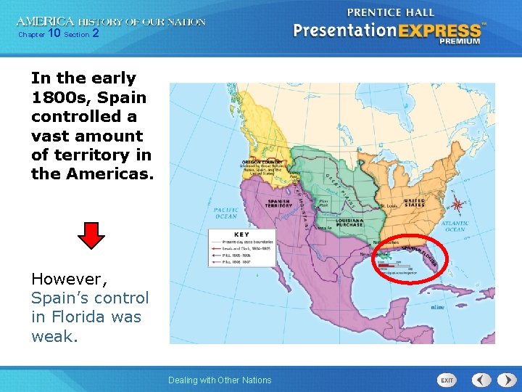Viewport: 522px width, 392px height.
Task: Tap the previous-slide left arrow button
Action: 481,380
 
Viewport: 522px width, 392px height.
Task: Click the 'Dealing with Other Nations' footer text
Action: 220,380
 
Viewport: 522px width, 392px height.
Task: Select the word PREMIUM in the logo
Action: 459,41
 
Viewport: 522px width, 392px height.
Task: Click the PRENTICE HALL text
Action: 391,12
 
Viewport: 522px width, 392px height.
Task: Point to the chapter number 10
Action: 54,33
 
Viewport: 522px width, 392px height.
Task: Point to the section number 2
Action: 95,33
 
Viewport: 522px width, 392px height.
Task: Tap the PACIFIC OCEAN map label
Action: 225,213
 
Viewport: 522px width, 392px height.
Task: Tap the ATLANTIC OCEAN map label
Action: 455,226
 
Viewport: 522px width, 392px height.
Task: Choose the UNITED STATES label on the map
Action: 414,203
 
